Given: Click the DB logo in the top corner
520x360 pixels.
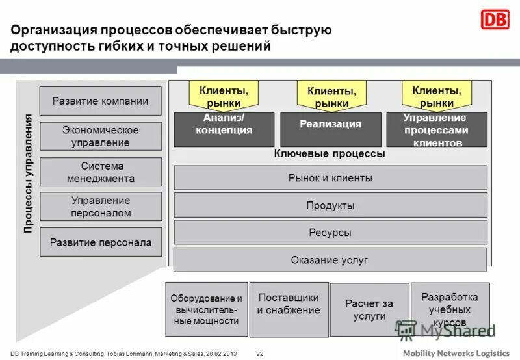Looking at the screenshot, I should coord(495,19).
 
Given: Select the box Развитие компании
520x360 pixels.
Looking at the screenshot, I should coord(101,101).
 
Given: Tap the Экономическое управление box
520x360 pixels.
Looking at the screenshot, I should coord(101,136).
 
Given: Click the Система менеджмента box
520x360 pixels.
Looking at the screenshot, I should coord(101,172).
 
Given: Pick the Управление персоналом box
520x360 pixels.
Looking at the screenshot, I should coord(101,207).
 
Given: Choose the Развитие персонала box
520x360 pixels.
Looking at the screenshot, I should coord(101,242).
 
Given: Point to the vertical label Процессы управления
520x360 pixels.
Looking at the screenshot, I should coord(28,174).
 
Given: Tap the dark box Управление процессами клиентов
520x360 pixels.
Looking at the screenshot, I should coord(436,129).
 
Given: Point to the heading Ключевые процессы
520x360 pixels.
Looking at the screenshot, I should coord(330,154).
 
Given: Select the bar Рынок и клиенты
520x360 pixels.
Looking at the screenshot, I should coord(330,177).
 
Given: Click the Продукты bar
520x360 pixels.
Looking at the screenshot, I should coord(330,205).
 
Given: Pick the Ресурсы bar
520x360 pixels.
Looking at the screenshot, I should coord(330,232).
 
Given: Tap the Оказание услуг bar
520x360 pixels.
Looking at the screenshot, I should coord(330,260).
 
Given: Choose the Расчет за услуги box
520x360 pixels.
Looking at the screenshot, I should coord(369,310).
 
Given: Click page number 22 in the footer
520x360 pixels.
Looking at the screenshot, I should coord(259,354).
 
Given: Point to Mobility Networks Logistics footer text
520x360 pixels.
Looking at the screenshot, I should coord(456,353).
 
